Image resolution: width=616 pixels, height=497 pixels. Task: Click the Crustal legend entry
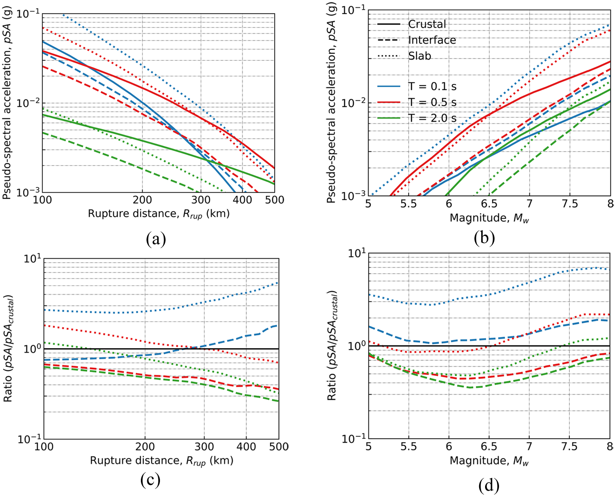tap(411, 24)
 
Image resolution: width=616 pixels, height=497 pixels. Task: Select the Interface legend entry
tap(417, 40)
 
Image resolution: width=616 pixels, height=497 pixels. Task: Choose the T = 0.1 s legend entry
tap(417, 86)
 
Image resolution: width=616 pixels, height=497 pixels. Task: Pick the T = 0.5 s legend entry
tap(417, 102)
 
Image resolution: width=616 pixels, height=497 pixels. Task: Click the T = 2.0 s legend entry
tap(417, 118)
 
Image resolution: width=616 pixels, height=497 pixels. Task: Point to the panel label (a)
tap(156, 239)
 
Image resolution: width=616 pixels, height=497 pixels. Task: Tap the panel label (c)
tap(150, 480)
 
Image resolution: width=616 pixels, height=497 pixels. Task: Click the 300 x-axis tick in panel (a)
tap(201, 199)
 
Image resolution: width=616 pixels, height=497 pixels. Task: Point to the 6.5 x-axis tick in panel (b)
tap(489, 204)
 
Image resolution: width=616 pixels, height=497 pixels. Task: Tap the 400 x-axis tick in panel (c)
tap(246, 446)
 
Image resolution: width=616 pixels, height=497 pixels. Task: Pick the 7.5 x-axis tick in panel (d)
tap(569, 446)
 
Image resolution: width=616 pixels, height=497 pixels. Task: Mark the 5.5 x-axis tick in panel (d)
tap(408, 446)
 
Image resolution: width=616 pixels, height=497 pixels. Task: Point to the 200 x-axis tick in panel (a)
tap(142, 199)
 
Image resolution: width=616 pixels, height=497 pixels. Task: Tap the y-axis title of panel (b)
tap(331, 102)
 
